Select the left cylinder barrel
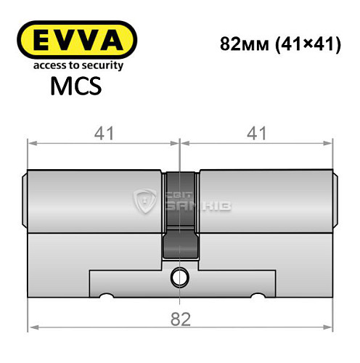(94, 195)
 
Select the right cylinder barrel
(265, 195)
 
